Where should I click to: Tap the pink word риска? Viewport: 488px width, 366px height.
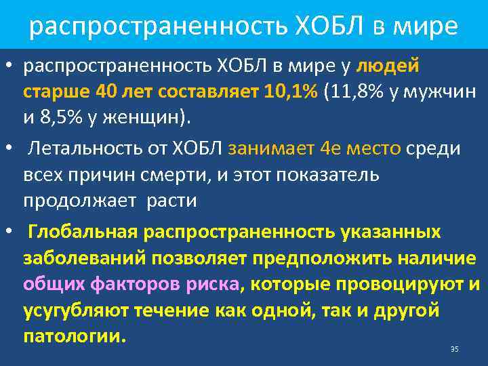[x=212, y=285]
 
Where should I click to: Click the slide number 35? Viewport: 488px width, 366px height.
[x=454, y=349]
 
